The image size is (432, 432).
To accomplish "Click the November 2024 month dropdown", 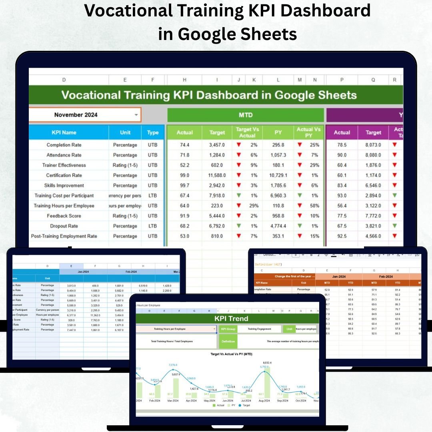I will pyautogui.click(x=85, y=115).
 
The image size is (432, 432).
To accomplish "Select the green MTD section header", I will pyautogui.click(x=245, y=115).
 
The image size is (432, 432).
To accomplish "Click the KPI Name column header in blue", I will pyautogui.click(x=64, y=132).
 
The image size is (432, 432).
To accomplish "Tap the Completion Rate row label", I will pyautogui.click(x=64, y=145).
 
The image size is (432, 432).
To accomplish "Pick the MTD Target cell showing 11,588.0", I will pyautogui.click(x=217, y=175).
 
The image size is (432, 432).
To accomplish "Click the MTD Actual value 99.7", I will pyautogui.click(x=184, y=186).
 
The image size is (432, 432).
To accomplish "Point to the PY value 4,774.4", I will pyautogui.click(x=278, y=226).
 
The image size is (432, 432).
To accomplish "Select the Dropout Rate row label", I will pyautogui.click(x=64, y=226).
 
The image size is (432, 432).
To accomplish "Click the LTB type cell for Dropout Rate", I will pyautogui.click(x=152, y=226).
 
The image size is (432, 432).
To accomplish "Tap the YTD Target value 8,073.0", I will pyautogui.click(x=373, y=145).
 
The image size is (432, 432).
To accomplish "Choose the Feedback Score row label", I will pyautogui.click(x=64, y=216).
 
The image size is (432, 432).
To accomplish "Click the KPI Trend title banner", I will pyautogui.click(x=231, y=319).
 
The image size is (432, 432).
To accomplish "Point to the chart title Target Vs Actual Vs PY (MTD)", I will pyautogui.click(x=231, y=354).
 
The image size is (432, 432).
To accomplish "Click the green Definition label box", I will pyautogui.click(x=228, y=342).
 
